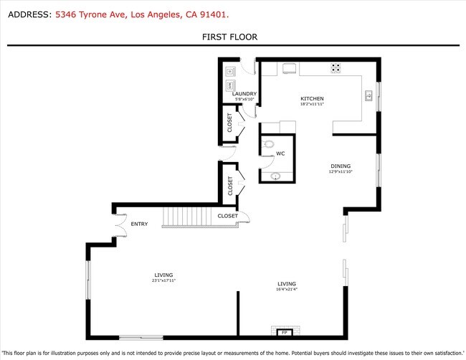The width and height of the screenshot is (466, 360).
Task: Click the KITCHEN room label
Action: (x=312, y=98)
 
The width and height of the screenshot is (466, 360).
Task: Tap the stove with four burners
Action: (x=336, y=68)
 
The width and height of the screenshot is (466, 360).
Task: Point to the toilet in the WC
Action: (x=270, y=143)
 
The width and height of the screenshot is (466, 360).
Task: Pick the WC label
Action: (x=280, y=153)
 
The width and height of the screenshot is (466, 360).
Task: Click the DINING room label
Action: (x=340, y=166)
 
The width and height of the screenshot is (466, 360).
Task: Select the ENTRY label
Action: (x=139, y=224)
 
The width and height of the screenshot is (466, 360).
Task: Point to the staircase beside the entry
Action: (x=191, y=217)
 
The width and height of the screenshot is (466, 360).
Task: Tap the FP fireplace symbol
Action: (x=284, y=333)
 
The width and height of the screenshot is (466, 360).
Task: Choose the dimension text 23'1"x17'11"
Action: (x=164, y=281)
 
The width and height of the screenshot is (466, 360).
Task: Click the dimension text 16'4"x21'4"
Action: (x=287, y=290)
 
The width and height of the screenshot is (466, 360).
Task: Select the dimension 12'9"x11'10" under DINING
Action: (x=340, y=172)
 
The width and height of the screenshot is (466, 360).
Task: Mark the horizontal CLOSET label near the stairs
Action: (x=227, y=215)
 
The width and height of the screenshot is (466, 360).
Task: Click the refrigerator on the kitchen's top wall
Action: (x=290, y=68)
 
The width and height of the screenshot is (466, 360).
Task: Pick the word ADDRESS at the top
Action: (x=27, y=14)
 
